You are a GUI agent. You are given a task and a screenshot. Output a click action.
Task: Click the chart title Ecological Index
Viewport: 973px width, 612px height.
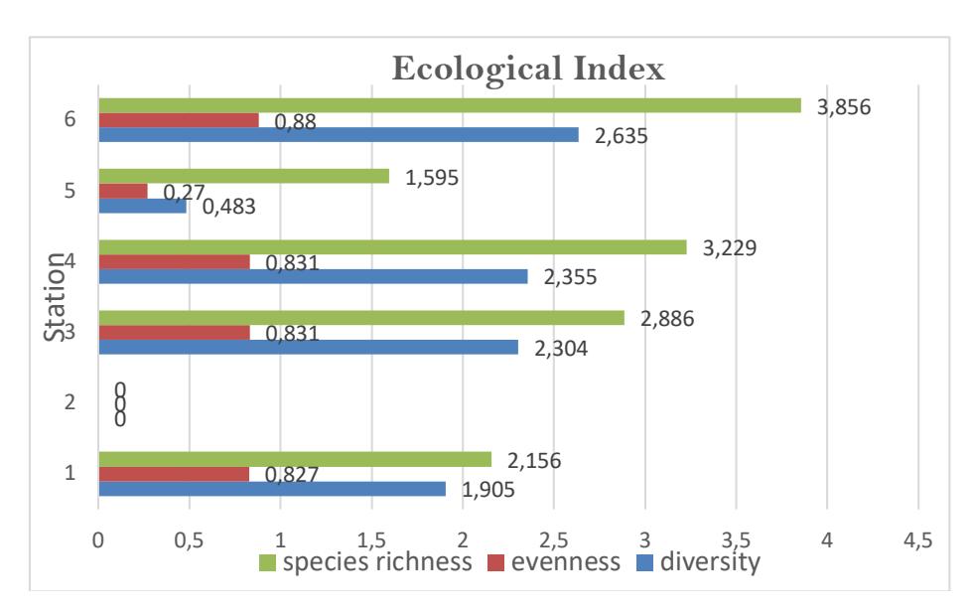point(528,69)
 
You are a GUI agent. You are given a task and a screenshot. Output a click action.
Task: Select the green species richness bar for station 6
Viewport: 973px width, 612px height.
point(450,105)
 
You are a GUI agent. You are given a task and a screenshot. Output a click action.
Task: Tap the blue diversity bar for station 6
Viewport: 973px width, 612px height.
point(339,135)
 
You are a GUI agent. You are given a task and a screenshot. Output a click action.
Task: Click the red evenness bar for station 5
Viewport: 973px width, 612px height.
point(123,191)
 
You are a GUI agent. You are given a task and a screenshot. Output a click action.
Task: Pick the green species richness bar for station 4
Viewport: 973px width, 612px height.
point(393,247)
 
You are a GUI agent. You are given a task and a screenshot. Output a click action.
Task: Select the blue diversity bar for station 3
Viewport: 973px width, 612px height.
point(309,347)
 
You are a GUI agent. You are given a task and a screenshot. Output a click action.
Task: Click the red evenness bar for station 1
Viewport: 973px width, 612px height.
point(175,474)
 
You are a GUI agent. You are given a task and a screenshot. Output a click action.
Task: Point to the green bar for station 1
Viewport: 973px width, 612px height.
point(296,459)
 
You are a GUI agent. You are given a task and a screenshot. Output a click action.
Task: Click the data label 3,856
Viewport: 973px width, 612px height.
point(843,107)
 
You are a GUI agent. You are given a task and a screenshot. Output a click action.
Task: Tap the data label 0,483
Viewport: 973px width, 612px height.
point(228,207)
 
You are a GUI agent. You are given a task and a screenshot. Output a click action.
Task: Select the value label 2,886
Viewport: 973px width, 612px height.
point(667,319)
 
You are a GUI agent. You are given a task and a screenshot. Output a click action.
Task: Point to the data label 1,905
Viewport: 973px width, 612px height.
point(487,490)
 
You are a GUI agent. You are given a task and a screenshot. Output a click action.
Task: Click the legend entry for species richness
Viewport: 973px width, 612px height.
point(365,562)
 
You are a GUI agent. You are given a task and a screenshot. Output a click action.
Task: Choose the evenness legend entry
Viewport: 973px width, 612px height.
point(554,562)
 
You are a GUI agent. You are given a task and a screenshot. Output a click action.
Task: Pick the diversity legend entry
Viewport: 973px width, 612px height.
point(698,562)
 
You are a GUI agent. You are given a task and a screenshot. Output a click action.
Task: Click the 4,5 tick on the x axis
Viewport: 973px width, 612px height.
point(917,540)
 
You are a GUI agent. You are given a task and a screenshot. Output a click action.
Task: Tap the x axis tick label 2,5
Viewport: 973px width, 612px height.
point(554,540)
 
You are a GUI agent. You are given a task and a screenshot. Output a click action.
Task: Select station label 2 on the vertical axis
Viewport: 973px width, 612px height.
point(70,402)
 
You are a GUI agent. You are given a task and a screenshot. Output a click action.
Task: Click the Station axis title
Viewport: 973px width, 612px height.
point(55,297)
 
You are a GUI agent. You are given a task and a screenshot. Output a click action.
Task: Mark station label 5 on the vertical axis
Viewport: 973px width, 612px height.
point(70,191)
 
